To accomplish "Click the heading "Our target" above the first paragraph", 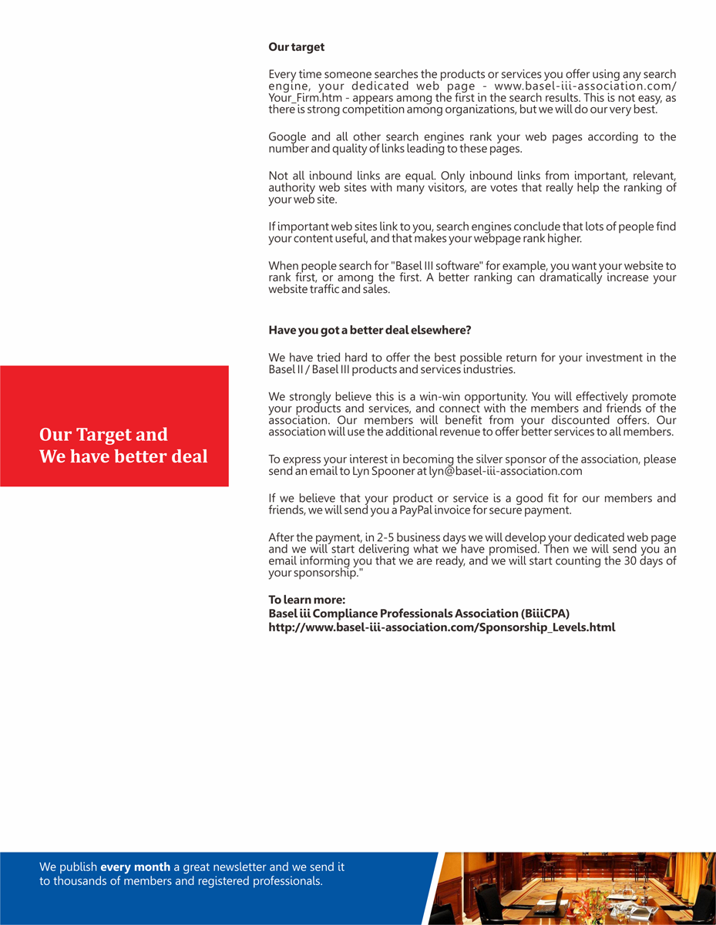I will (296, 47).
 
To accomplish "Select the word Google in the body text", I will (287, 137).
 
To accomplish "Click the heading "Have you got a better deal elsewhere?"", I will (369, 330).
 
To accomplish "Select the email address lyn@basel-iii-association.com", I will (505, 471).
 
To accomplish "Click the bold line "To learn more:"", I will (306, 600).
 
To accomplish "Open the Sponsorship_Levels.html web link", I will (442, 627).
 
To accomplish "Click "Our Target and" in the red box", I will (103, 435).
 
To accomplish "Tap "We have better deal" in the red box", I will (123, 456).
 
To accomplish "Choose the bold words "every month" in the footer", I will (135, 867).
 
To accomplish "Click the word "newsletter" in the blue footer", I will (231, 867).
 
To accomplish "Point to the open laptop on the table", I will (548, 902).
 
